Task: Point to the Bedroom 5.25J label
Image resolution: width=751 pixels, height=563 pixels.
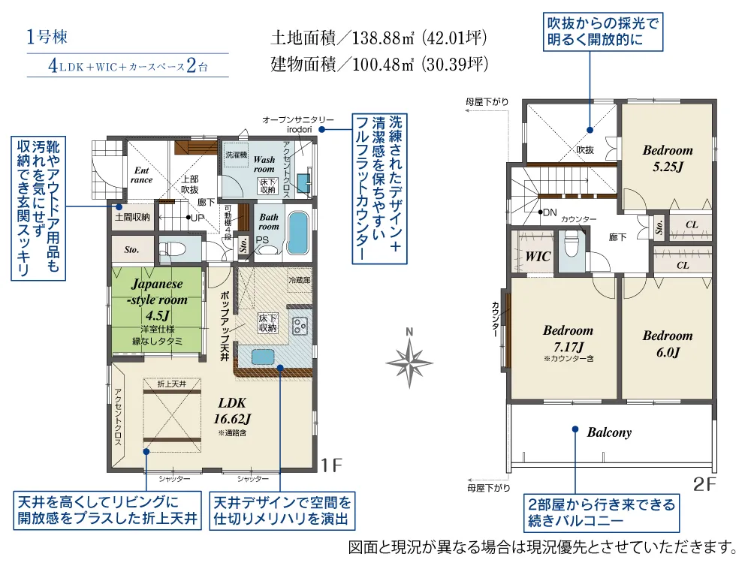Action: coord(667,158)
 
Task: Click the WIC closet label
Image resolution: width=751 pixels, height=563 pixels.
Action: coord(538,256)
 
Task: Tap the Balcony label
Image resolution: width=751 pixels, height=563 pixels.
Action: coord(609,432)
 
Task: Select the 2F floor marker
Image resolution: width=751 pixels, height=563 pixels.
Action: coord(705,484)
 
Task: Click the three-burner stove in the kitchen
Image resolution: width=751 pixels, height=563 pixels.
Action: coord(300,326)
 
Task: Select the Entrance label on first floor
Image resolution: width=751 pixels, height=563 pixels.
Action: coord(141,175)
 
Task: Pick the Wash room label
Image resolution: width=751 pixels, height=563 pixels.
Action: coord(264,164)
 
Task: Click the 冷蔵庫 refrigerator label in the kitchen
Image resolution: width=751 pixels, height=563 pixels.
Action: coord(299,279)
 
